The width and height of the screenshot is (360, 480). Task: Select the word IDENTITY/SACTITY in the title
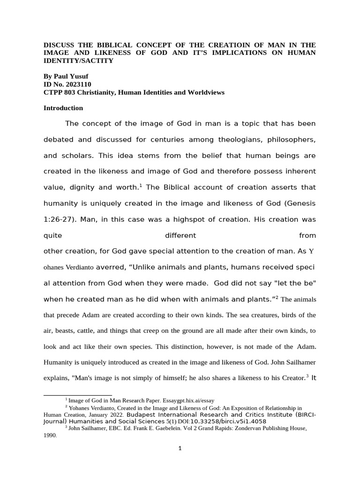point(78,61)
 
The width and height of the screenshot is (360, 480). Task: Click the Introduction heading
point(63,108)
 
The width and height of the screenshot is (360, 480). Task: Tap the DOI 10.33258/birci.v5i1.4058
point(233,421)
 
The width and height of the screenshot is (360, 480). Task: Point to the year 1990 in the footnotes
point(50,435)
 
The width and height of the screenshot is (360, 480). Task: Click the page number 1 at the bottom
point(180,448)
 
